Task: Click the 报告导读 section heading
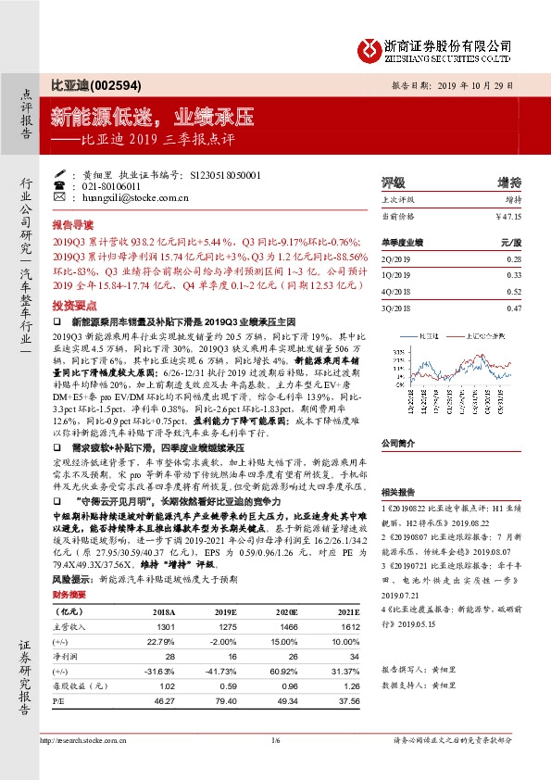[72, 224]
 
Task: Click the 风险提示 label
[72, 577]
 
